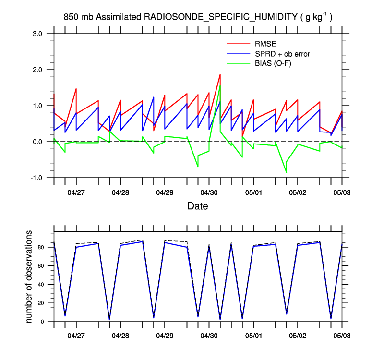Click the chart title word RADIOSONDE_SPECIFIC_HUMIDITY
click(220, 17)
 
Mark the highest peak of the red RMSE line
click(220, 74)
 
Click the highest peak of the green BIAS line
click(220, 86)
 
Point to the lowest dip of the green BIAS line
click(286, 172)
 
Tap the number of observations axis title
click(29, 276)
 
